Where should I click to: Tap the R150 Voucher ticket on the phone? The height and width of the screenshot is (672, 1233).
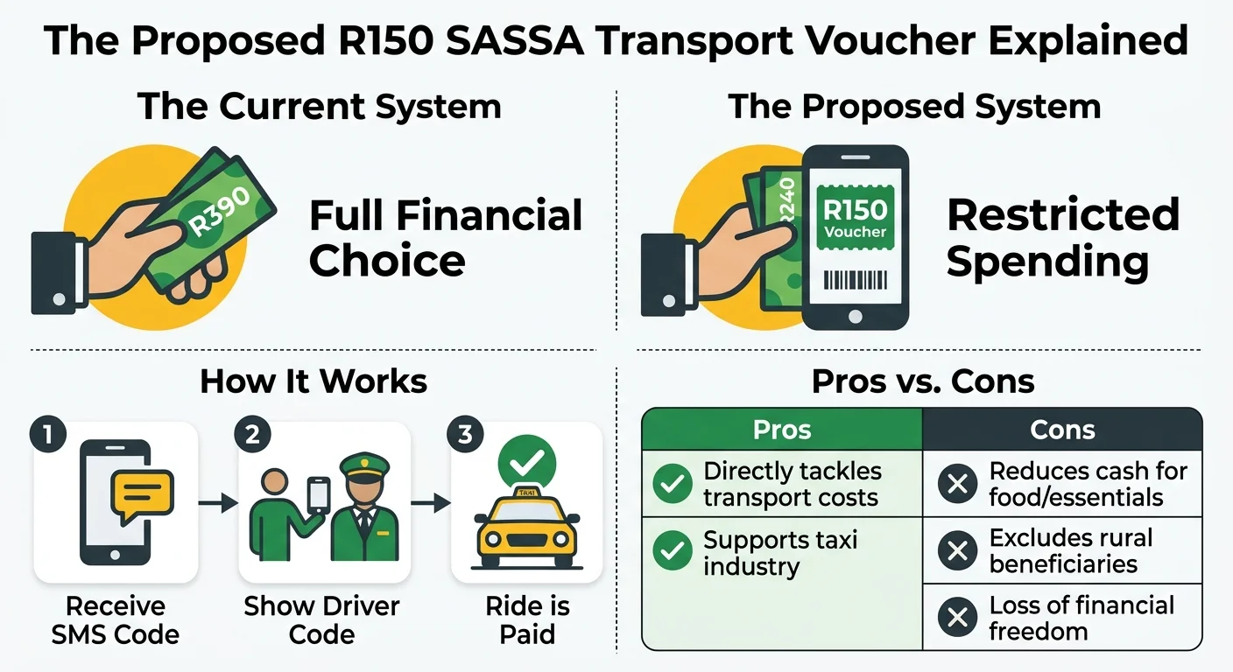click(x=855, y=218)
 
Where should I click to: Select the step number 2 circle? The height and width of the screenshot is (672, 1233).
click(x=252, y=435)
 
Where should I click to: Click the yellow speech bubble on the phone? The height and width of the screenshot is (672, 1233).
click(x=142, y=493)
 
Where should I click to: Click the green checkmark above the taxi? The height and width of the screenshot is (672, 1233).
click(x=526, y=458)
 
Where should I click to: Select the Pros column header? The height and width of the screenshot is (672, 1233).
click(x=782, y=430)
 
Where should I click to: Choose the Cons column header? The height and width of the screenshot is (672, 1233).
click(x=1062, y=430)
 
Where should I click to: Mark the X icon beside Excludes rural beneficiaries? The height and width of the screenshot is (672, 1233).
click(x=957, y=550)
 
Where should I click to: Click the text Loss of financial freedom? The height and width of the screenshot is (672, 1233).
click(x=1082, y=618)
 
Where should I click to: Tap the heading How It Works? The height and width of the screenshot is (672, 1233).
click(x=314, y=381)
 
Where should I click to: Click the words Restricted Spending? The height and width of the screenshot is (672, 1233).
click(x=1062, y=238)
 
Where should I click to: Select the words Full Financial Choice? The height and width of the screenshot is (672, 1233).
click(x=446, y=238)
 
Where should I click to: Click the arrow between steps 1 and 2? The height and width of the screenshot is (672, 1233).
click(x=217, y=502)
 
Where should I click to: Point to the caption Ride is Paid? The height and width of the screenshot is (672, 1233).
click(x=526, y=619)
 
